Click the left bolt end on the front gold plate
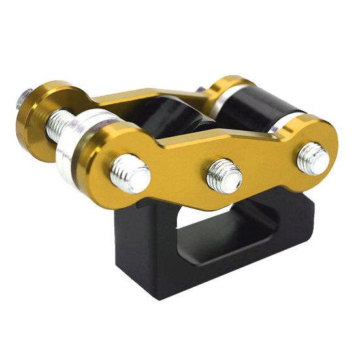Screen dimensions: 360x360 pyautogui.click(x=130, y=173)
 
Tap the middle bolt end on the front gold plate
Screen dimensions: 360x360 pyautogui.click(x=224, y=174)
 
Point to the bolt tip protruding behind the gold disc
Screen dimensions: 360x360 pyautogui.click(x=22, y=99)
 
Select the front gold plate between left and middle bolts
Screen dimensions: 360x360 pyautogui.click(x=176, y=163)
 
